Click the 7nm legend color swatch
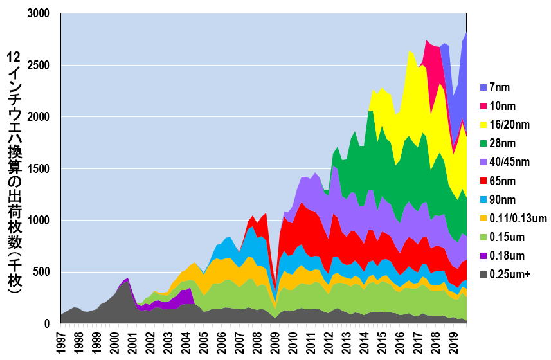[x=483, y=87]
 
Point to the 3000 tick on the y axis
[x=39, y=14]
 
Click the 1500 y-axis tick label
[x=39, y=168]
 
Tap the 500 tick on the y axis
[x=42, y=272]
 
